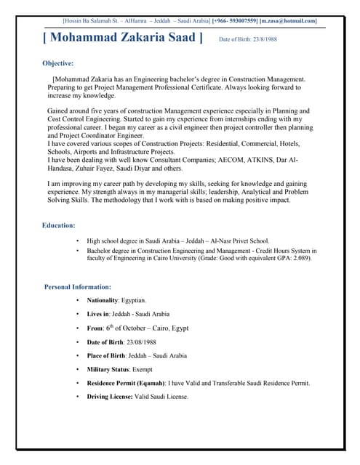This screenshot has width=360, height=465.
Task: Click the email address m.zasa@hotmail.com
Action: pyautogui.click(x=289, y=20)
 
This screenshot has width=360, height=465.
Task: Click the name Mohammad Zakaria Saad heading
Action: pyautogui.click(x=122, y=38)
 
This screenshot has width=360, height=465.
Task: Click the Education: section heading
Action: pyautogui.click(x=58, y=225)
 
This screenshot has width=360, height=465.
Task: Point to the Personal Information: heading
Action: pyautogui.click(x=78, y=286)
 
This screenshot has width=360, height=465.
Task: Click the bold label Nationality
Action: pyautogui.click(x=103, y=300)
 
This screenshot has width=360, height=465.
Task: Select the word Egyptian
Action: pyautogui.click(x=133, y=300)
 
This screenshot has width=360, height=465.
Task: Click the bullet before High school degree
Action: pyautogui.click(x=77, y=240)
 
